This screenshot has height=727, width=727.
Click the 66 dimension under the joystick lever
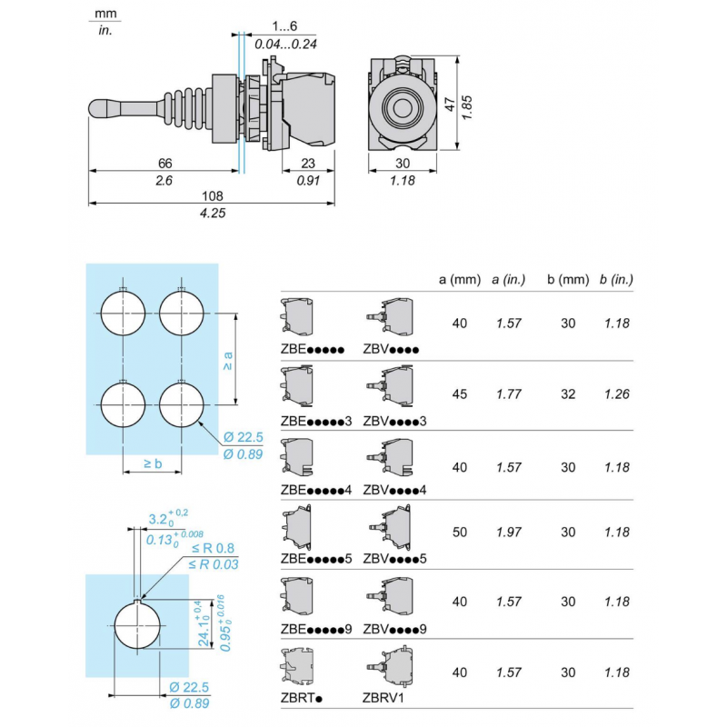point(164,163)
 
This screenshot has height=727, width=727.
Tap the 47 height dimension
point(448,105)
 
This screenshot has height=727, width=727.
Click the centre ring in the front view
point(403,107)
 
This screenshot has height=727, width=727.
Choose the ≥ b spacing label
point(153,463)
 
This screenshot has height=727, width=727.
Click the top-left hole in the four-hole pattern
point(123,313)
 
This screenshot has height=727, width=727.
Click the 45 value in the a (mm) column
point(459,394)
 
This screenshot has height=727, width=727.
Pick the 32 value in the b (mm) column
point(568,394)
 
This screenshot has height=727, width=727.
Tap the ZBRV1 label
point(383,698)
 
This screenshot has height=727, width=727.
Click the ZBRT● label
point(303,698)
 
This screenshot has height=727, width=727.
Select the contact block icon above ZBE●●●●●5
point(299,526)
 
